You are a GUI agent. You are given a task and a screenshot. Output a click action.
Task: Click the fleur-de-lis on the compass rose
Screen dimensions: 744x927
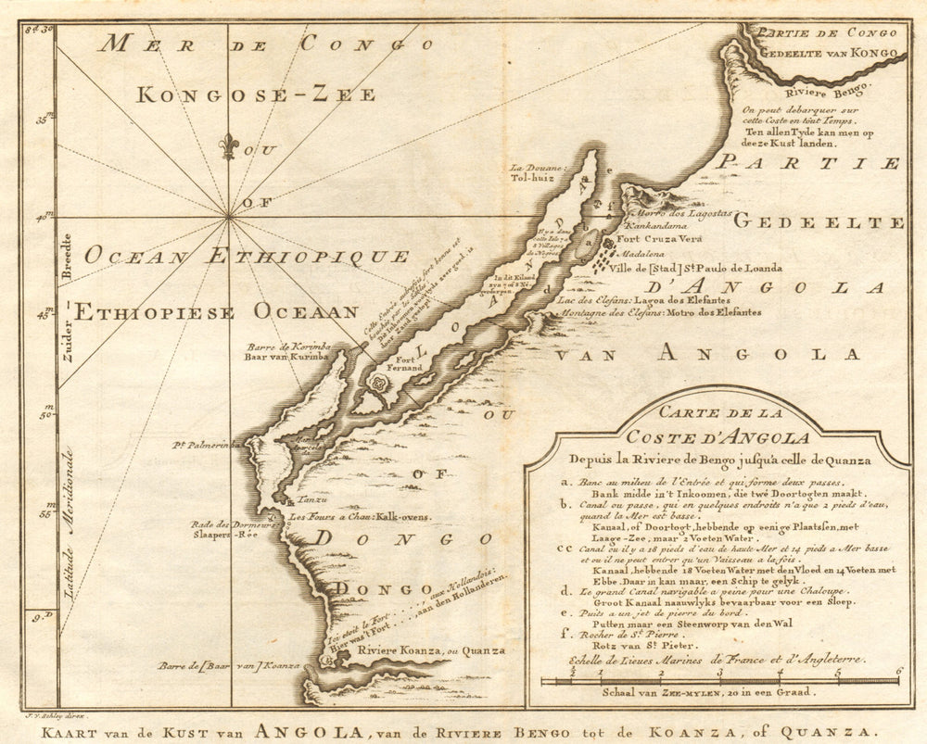pyautogui.click(x=228, y=145)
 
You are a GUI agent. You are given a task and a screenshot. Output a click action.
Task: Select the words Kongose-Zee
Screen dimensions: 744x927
pyautogui.click(x=256, y=95)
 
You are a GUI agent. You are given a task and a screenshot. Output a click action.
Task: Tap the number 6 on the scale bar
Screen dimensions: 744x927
pyautogui.click(x=897, y=671)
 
